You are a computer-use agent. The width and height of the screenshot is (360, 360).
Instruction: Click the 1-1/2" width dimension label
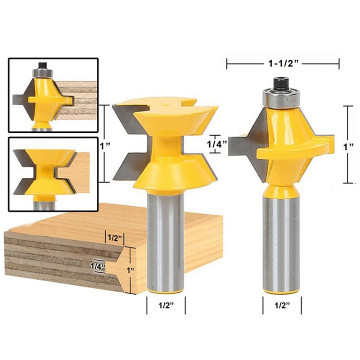pos(282,64)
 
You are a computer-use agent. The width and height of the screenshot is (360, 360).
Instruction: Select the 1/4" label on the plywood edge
pos(97,266)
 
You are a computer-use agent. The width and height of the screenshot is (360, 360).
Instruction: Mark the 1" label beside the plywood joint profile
pos(131,270)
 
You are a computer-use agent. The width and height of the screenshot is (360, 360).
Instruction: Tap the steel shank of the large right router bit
pos(282,243)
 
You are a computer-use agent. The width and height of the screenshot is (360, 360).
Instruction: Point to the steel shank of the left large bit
pos(166,238)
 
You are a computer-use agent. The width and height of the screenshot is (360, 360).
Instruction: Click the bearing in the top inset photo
pos(43,71)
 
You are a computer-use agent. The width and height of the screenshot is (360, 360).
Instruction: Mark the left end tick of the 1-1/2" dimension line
pos(227,64)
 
